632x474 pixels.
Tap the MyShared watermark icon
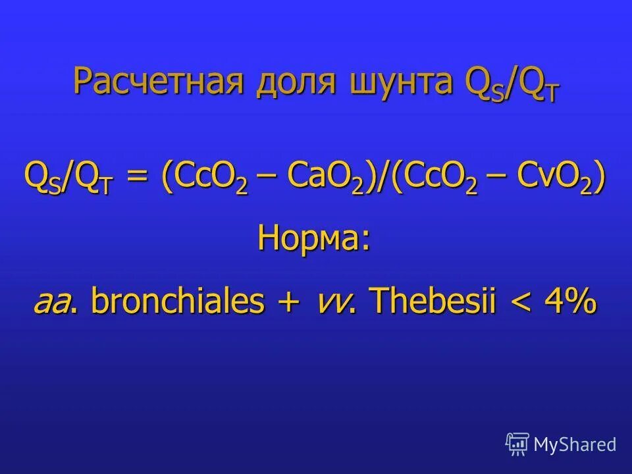(x=517, y=444)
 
